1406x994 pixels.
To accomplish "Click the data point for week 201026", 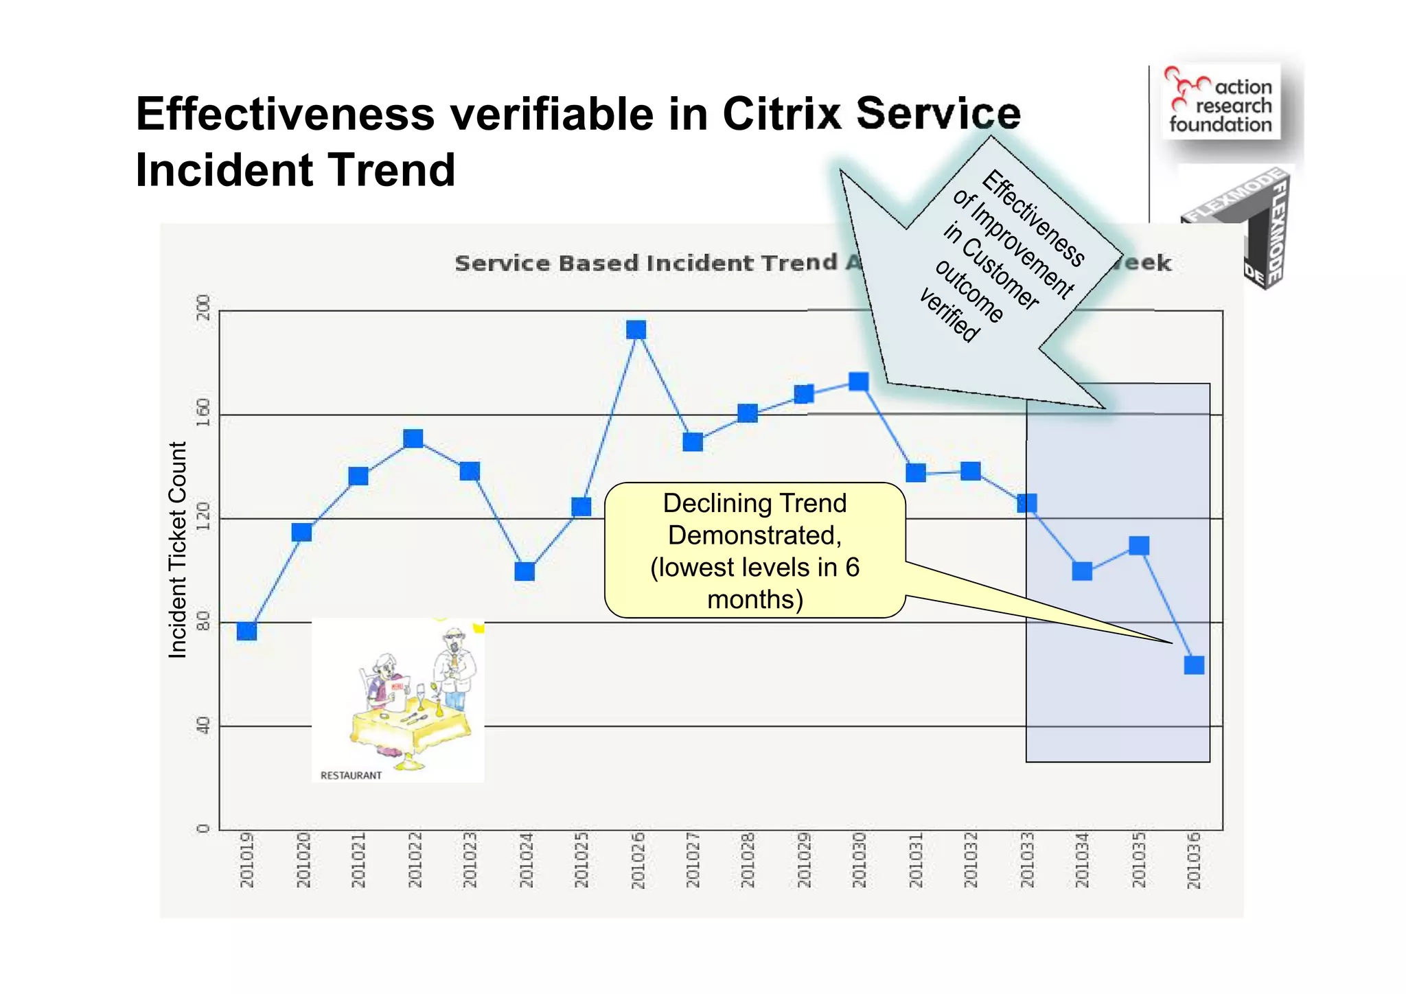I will (x=636, y=330).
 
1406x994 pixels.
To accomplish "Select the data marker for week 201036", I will (x=1194, y=664).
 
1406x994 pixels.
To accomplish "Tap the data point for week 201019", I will (x=246, y=631).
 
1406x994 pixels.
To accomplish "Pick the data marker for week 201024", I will (x=525, y=571).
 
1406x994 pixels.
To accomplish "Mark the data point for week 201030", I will (x=859, y=382).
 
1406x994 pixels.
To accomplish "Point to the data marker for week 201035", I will (x=1139, y=546).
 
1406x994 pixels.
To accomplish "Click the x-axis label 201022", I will (x=414, y=860).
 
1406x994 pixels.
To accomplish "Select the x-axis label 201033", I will (x=1027, y=860).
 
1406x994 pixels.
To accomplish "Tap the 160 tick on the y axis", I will (x=203, y=413).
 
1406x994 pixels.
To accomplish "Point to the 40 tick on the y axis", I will (x=203, y=725).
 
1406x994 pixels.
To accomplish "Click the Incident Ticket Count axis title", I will (x=177, y=549).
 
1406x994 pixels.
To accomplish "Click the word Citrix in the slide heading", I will (x=781, y=113).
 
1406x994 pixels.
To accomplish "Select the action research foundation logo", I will (x=1221, y=102).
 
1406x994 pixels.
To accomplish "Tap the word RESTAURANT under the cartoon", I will (x=351, y=775).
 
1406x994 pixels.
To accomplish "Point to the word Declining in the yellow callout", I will (x=707, y=503).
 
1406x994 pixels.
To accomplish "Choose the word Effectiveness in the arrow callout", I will (x=1033, y=218).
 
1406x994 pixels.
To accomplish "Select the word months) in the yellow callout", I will (x=754, y=599).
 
